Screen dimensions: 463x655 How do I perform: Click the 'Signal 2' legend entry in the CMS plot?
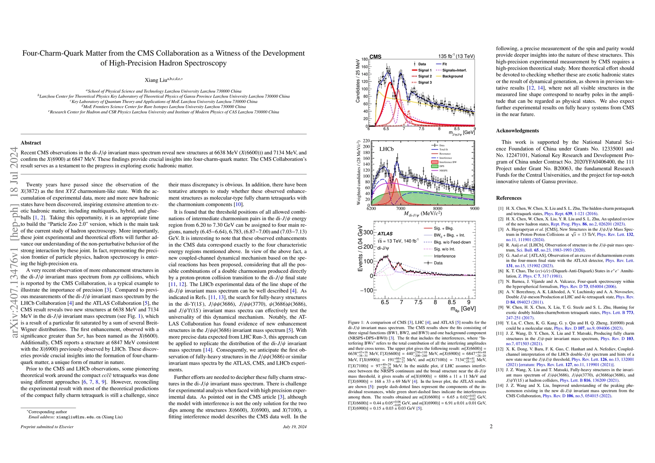[425, 76]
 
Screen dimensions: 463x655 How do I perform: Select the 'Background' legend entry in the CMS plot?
[453, 76]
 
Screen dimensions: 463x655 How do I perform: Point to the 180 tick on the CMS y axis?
[364, 59]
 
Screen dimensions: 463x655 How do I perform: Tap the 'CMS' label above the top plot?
[375, 57]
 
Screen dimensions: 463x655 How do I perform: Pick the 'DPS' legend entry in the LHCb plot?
[442, 167]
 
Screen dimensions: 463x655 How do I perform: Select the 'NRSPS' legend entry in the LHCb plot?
[444, 171]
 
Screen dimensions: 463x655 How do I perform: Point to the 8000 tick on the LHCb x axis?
[437, 209]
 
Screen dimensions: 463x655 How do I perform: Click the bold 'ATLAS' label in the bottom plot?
[385, 234]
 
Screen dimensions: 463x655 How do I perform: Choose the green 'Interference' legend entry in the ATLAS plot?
[445, 256]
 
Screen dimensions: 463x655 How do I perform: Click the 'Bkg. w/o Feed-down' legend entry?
[452, 242]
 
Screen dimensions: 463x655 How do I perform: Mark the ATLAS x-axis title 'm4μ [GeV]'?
[463, 309]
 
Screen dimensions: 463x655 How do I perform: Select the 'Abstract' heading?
[31, 143]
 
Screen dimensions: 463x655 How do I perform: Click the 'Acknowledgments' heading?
[517, 131]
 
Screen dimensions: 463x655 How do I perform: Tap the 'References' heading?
[509, 198]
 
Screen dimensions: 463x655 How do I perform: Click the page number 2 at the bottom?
[491, 427]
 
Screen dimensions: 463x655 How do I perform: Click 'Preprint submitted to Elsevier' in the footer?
[47, 427]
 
